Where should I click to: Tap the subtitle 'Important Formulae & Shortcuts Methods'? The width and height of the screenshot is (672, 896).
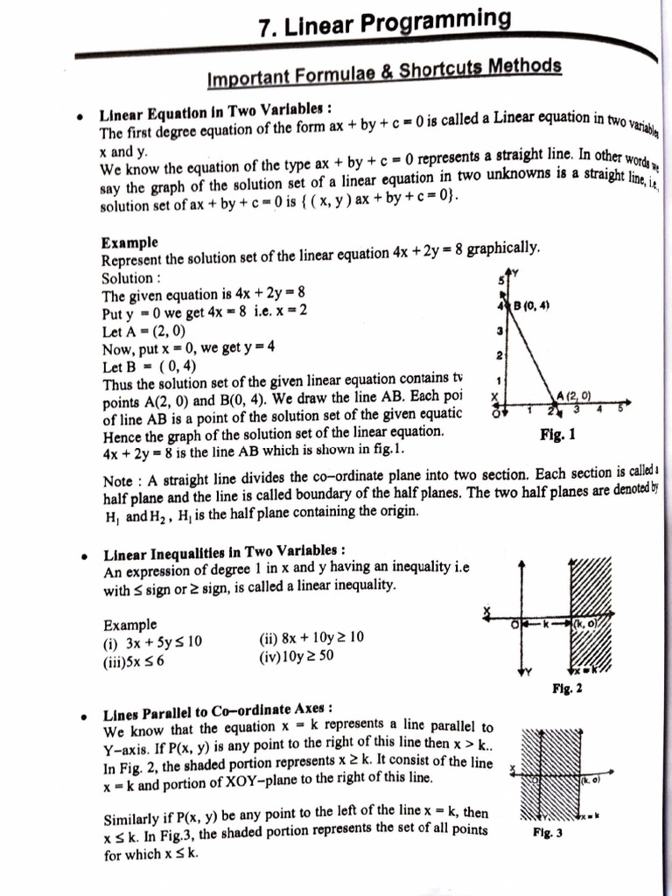384,73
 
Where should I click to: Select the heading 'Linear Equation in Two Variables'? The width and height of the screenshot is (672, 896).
215,114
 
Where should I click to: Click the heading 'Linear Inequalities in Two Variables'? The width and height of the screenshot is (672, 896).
224,553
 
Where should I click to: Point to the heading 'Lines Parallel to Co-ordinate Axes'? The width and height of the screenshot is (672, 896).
218,709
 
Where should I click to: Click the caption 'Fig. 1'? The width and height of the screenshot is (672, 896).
557,434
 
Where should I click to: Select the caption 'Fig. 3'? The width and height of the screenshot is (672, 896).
547,833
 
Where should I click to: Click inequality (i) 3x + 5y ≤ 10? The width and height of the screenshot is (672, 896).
152,641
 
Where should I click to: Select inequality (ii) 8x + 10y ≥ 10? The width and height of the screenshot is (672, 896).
311,638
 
